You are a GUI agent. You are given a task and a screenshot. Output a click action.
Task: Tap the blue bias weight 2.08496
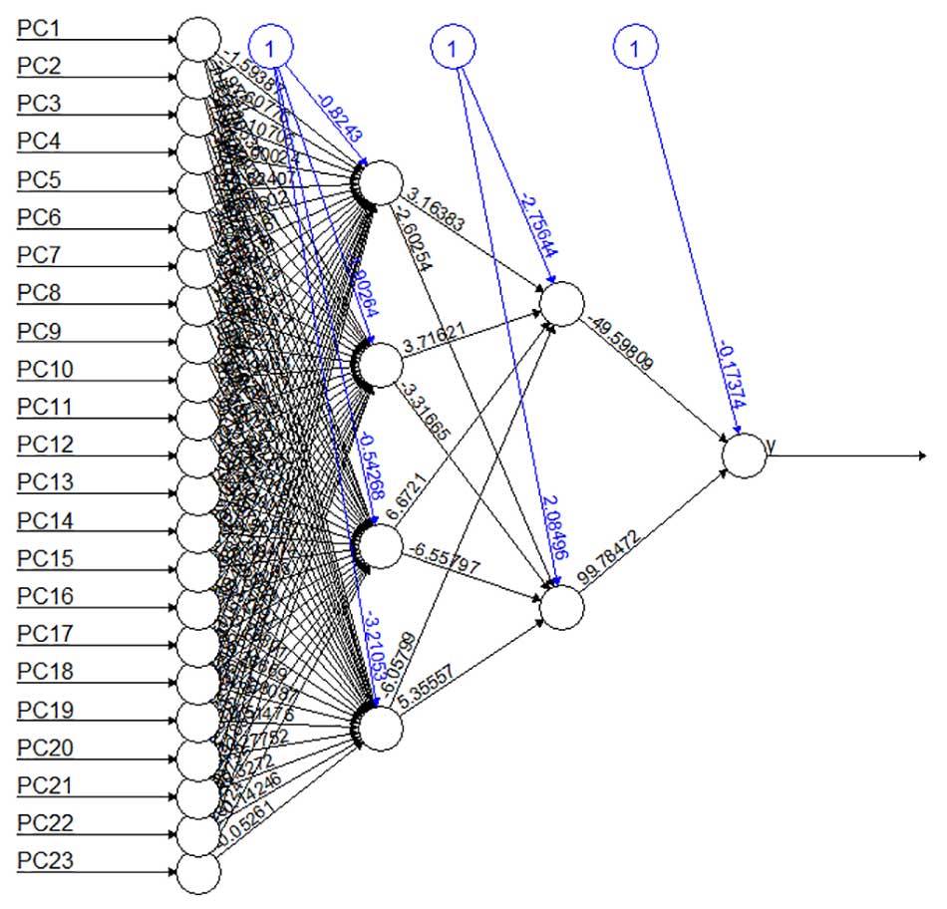point(550,531)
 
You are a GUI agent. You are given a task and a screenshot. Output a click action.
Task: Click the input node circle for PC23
point(198,873)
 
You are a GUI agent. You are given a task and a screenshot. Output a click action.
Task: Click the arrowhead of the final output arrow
point(923,455)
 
